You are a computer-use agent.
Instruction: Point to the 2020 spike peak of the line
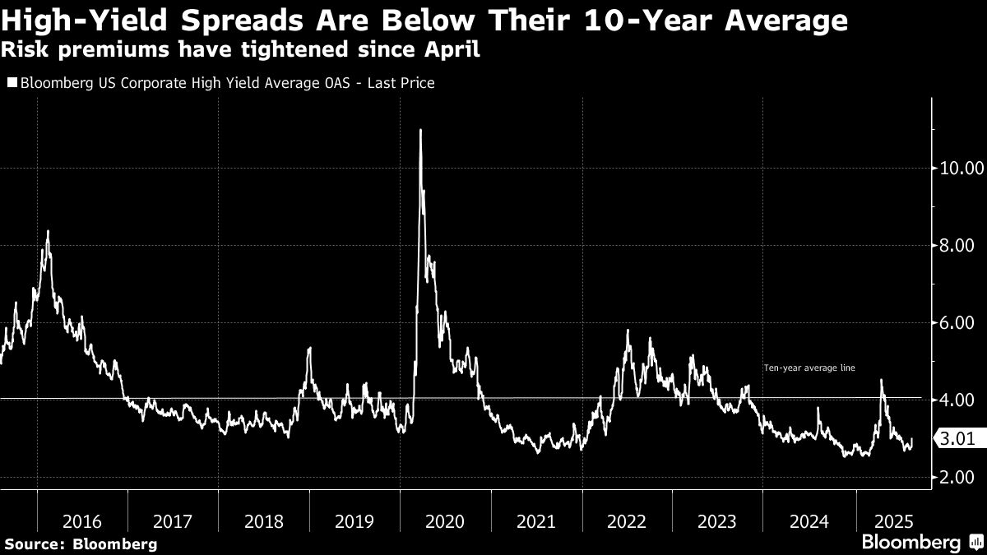point(421,130)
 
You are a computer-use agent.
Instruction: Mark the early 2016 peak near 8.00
point(48,232)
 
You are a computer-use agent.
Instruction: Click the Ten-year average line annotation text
point(809,368)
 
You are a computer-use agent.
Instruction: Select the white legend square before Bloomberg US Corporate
point(12,83)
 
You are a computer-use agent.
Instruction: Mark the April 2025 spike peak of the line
point(882,380)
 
